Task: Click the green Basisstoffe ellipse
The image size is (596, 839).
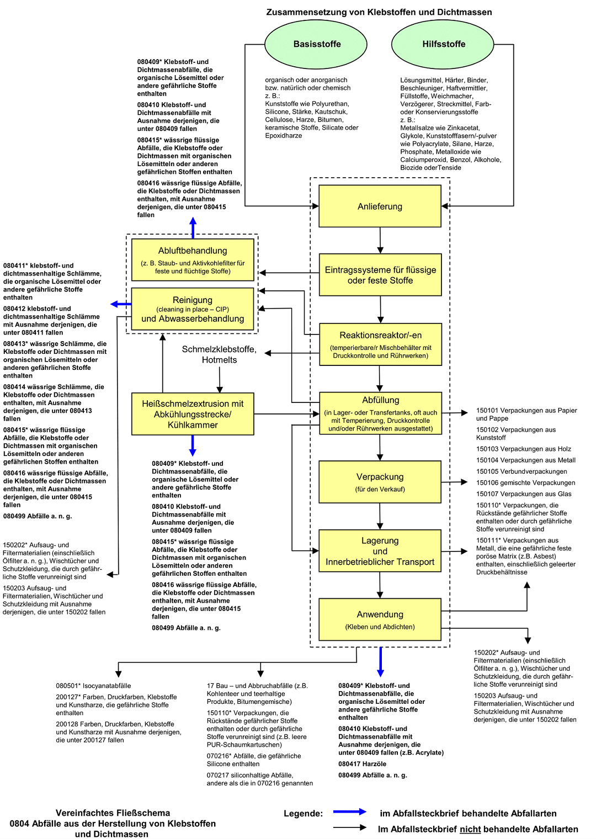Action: (316, 45)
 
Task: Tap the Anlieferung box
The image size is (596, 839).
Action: (380, 206)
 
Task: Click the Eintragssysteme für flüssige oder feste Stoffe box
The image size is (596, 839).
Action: (380, 275)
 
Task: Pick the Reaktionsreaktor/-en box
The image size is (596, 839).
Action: (380, 344)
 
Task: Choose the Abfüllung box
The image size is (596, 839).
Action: (380, 413)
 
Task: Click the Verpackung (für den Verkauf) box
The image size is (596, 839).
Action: (380, 482)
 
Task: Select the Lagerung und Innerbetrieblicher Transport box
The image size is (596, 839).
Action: (380, 551)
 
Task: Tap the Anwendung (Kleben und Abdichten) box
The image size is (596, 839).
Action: (380, 619)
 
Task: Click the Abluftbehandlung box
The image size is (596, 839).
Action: (193, 259)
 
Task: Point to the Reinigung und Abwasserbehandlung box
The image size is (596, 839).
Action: (193, 309)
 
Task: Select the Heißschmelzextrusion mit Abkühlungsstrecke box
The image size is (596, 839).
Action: (193, 414)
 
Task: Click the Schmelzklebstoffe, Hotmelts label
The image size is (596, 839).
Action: (219, 354)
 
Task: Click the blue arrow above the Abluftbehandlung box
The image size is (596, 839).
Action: (193, 227)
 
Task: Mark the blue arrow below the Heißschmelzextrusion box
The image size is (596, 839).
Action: (193, 445)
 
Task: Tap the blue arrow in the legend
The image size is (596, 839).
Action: (350, 812)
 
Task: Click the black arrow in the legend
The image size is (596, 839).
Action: (350, 827)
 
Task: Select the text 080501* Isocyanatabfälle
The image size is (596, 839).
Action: (93, 686)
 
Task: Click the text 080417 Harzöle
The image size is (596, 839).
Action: (362, 764)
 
